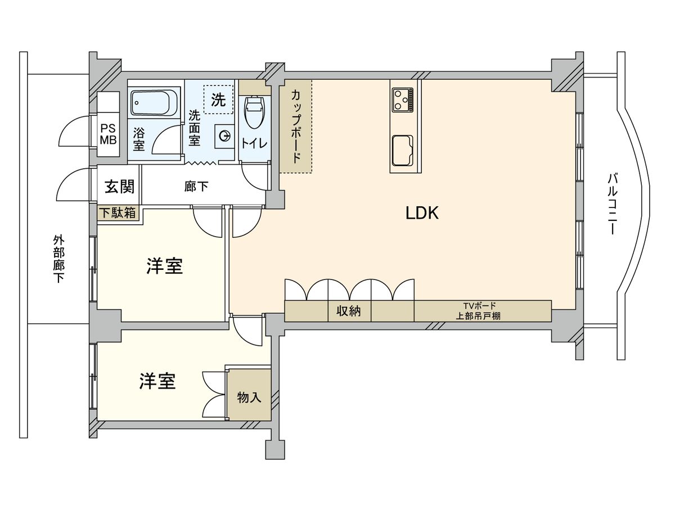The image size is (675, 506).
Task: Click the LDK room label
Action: point(422,213)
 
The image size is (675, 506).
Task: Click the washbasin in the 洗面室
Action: point(224,135)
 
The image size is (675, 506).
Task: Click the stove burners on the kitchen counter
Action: point(402,100)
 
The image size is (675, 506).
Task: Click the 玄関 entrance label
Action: point(119,186)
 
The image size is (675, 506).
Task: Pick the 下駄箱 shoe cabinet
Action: point(119,214)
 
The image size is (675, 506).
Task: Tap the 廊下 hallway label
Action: point(196,187)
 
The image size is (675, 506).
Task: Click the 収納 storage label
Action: point(349,311)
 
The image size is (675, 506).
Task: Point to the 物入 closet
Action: point(249,397)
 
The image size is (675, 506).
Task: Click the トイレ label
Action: point(255,143)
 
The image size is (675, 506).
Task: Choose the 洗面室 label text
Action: point(194,128)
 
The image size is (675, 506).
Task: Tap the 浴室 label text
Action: point(139,139)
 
